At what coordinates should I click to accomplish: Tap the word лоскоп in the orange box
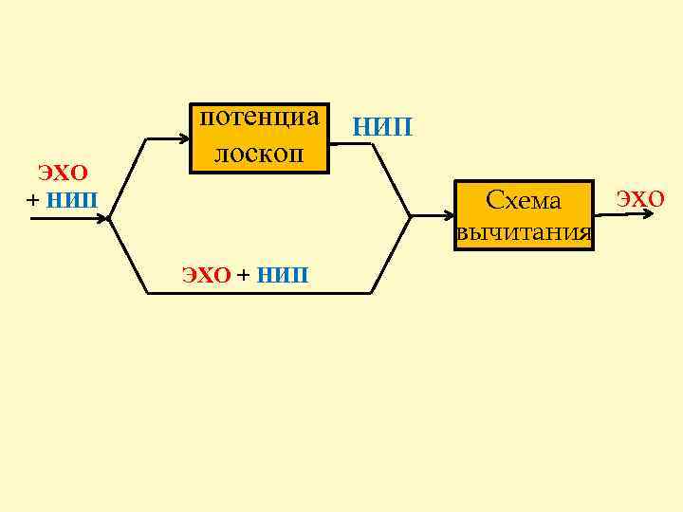tap(259, 153)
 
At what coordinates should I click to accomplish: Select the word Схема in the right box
tap(523, 201)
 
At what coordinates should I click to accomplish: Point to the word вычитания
tap(524, 232)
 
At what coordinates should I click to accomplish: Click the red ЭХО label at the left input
tap(63, 173)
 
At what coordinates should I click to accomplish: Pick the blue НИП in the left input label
tap(72, 200)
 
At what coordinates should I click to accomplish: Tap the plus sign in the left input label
tap(34, 200)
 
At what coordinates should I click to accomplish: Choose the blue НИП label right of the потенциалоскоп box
tap(382, 126)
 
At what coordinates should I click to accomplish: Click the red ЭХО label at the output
tap(641, 198)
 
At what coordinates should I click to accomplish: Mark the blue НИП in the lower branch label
tap(283, 276)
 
